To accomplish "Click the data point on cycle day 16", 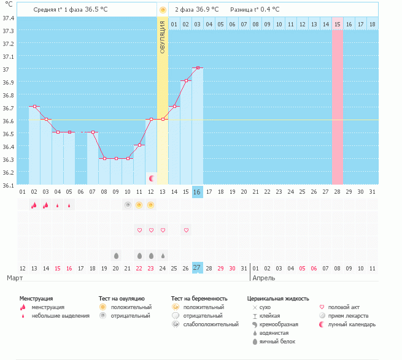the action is pos(198,68).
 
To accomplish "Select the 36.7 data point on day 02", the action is pos(34,106).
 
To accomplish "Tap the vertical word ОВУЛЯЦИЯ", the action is pos(162,37).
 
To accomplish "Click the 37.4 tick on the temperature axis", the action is pos(8,18).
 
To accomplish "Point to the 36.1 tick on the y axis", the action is pos(8,185).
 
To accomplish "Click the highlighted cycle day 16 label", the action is pos(198,192).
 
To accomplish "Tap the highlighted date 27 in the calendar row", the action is pos(198,268).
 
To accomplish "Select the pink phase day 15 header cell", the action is pos(338,25).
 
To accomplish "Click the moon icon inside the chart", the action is pos(152,178).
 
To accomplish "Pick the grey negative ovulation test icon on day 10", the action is pos(128,205).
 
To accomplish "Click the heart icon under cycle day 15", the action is pos(186,231).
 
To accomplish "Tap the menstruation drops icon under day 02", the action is pos(34,205).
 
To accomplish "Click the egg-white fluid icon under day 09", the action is pos(116,256).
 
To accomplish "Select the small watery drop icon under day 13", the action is pos(163,256).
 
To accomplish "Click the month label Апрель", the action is pos(263,278).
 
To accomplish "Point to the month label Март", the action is pos(15,278).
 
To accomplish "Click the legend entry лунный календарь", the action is pos(352,324).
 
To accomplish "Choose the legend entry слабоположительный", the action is pos(211,324).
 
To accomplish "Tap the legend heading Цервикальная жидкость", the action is pos(278,299).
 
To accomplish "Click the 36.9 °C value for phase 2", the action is pos(207,9).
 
